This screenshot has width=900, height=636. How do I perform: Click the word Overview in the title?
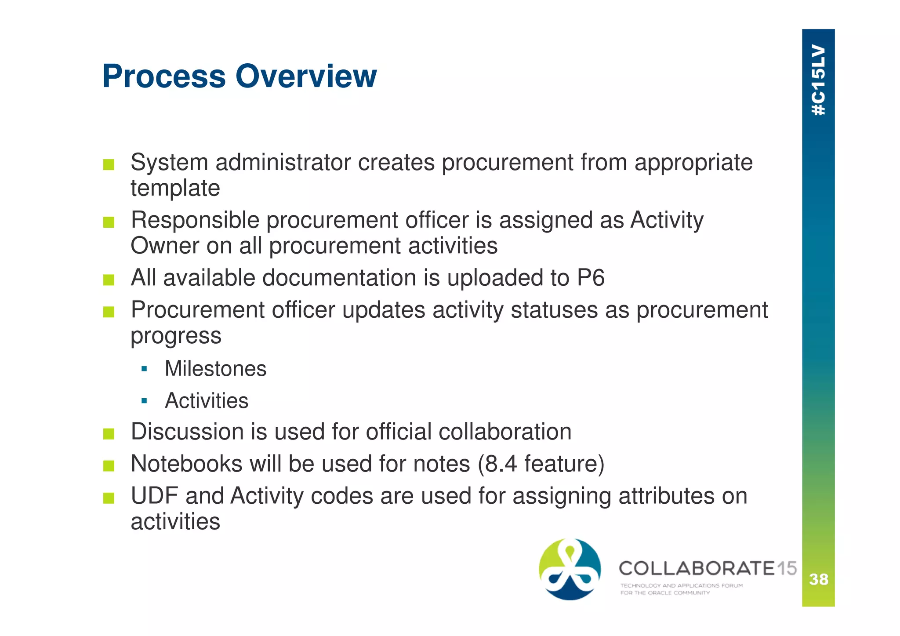[306, 76]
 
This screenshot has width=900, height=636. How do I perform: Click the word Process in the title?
[164, 76]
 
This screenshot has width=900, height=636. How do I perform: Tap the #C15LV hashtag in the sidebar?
[818, 80]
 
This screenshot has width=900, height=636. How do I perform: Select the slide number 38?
[818, 579]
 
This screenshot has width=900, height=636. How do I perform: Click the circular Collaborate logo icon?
[570, 569]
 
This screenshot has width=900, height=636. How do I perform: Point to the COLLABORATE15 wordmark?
[708, 568]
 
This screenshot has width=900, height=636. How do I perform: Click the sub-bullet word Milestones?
[215, 368]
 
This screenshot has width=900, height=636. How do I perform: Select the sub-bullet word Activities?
[207, 400]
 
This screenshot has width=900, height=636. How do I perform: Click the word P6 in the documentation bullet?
[591, 278]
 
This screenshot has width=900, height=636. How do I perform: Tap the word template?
[175, 188]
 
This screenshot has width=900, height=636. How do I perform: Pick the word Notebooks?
[186, 464]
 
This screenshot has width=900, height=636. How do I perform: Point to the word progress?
[176, 336]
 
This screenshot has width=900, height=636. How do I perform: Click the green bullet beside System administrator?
[109, 165]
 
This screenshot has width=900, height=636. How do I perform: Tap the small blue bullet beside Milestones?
[144, 369]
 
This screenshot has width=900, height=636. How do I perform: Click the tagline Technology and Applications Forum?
[681, 585]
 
